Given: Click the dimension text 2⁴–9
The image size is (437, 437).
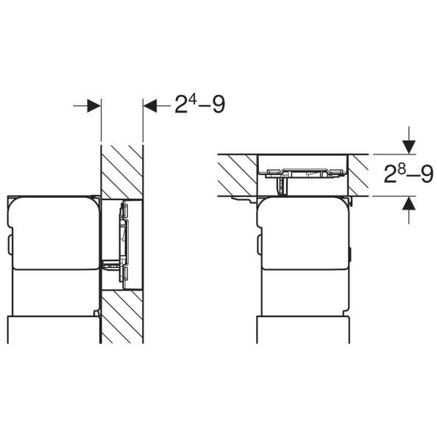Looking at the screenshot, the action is point(199,104).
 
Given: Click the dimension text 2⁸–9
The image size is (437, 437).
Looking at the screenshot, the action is point(408,174).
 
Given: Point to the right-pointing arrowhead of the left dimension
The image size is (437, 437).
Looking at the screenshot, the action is point(94,106).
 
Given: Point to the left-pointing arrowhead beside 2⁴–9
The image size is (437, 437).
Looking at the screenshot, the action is point(150,106).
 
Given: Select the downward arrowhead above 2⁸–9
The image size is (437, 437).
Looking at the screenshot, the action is point(408,147).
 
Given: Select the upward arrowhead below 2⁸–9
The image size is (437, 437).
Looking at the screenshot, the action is point(408,202).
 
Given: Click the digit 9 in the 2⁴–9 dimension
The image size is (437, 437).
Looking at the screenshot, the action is point(218,104).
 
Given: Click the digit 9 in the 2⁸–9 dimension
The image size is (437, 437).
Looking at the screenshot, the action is point(427,175).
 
